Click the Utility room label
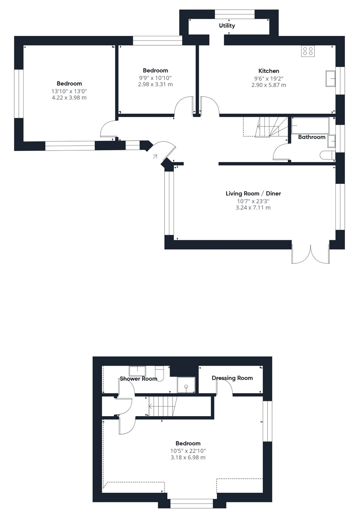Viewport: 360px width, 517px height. [227, 26]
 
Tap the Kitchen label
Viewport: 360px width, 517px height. [269, 71]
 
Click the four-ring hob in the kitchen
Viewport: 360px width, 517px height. [308, 51]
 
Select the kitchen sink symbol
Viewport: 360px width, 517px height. [331, 79]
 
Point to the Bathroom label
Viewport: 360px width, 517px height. [312, 137]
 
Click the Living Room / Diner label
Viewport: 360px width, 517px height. [253, 194]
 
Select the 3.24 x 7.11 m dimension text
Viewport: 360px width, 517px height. [253, 207]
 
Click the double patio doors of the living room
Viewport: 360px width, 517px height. [311, 254]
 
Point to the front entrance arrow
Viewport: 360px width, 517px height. [155, 157]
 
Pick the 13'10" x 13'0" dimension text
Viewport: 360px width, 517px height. [69, 91]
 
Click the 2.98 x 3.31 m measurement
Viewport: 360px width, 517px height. [155, 84]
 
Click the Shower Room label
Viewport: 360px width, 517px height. [138, 379]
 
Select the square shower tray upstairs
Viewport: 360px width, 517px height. [186, 385]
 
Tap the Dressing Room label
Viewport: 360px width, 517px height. [232, 378]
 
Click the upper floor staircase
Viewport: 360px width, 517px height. [163, 406]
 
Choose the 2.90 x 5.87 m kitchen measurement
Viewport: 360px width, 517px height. [269, 85]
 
